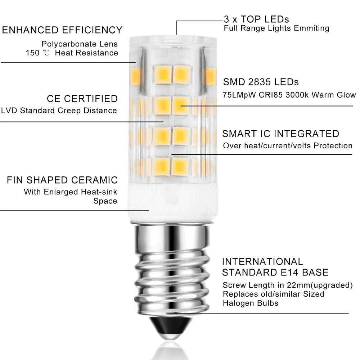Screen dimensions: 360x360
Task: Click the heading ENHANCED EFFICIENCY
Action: (x=62, y=30)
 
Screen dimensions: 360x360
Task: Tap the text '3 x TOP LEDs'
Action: (x=256, y=19)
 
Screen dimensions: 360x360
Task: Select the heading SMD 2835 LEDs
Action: (x=261, y=82)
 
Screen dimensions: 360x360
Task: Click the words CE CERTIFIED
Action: (x=82, y=99)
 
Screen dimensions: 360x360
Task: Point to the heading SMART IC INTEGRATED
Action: (x=280, y=134)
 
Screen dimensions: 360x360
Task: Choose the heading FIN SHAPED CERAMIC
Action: (x=62, y=180)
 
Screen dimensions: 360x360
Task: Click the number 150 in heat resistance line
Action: (x=32, y=53)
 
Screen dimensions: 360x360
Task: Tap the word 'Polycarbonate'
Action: (x=69, y=44)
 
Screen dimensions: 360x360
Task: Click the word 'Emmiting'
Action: (x=311, y=28)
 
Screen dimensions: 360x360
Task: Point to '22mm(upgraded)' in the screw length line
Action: (x=320, y=285)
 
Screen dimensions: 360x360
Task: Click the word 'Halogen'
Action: (x=238, y=303)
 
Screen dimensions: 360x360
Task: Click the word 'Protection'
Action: (x=333, y=145)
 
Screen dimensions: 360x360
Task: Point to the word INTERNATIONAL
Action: (x=262, y=262)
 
